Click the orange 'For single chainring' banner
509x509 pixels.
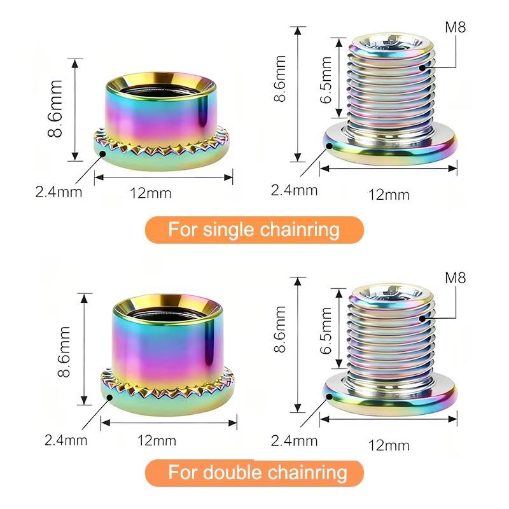tap(254, 230)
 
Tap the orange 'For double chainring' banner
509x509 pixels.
tap(254, 473)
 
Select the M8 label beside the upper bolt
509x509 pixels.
tap(455, 27)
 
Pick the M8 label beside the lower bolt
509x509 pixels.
tap(455, 278)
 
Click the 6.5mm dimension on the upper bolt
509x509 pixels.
tap(326, 80)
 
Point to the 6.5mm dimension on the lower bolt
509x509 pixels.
tap(326, 330)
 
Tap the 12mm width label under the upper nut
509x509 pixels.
tap(151, 193)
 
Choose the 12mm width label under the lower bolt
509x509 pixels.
tap(389, 445)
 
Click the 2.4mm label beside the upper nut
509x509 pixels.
tap(59, 192)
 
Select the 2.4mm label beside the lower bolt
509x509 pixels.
tap(294, 441)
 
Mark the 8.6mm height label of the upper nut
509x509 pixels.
tap(55, 109)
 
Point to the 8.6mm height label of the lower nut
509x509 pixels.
tap(64, 352)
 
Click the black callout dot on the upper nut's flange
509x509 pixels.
tap(103, 153)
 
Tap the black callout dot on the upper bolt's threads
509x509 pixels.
tap(422, 68)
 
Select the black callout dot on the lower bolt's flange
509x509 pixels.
tap(329, 396)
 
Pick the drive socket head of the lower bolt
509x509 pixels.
tap(393, 293)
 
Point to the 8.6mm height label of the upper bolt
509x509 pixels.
tap(279, 79)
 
